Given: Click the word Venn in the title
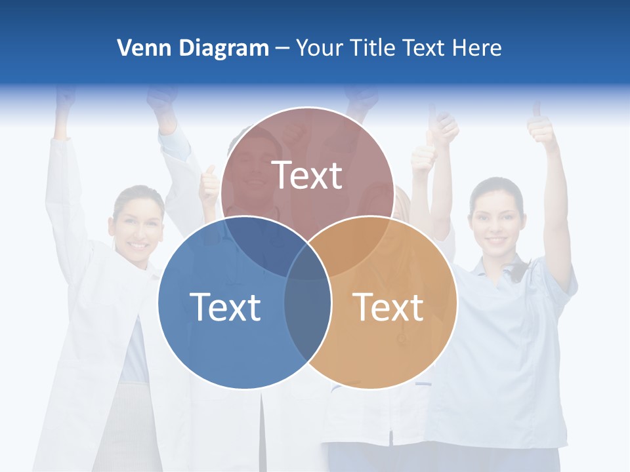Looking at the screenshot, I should (138, 48).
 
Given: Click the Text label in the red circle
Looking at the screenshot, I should (307, 175).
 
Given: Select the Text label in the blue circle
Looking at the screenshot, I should (225, 306).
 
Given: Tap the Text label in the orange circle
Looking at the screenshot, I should (388, 306).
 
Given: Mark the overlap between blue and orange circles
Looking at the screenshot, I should (308, 315).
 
